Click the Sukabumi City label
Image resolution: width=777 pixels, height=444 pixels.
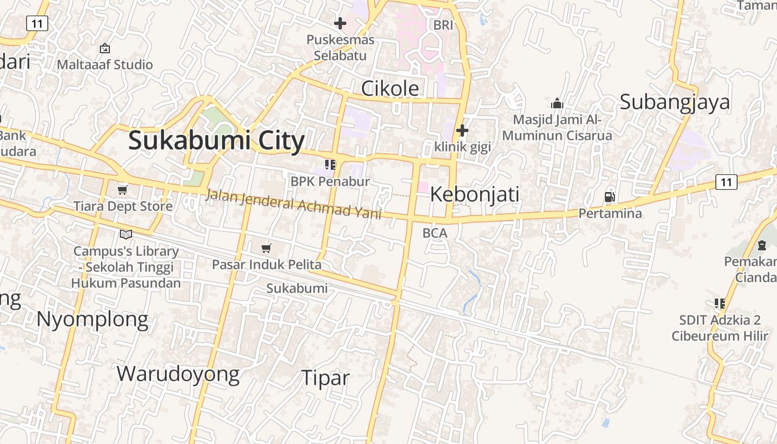click(x=216, y=140)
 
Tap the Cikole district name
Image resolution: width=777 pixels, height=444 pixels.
click(x=390, y=88)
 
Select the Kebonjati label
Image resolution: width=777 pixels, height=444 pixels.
click(x=475, y=194)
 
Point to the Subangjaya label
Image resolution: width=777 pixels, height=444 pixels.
click(x=674, y=102)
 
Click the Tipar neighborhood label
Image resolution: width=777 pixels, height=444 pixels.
click(x=325, y=378)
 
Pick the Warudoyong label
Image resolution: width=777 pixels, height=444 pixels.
click(x=178, y=374)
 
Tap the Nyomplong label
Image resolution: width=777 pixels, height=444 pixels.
click(x=93, y=320)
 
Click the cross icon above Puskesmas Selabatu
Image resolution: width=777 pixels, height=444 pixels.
click(x=340, y=23)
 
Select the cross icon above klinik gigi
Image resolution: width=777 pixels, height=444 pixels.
click(x=462, y=130)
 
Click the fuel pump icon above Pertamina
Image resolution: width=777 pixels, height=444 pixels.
click(x=609, y=197)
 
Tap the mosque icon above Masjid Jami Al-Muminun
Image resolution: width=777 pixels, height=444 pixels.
click(x=557, y=103)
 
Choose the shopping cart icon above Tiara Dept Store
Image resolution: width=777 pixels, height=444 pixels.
click(x=122, y=190)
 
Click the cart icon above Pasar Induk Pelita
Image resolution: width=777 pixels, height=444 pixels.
click(x=266, y=248)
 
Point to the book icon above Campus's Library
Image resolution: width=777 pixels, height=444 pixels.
click(x=126, y=235)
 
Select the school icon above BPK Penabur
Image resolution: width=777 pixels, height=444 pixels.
click(x=330, y=165)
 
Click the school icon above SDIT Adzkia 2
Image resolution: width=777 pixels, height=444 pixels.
click(x=720, y=304)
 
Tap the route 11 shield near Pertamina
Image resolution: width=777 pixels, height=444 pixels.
click(x=726, y=181)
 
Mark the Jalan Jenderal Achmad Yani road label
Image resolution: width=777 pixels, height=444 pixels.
click(x=294, y=204)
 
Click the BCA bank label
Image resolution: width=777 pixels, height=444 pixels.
click(x=435, y=233)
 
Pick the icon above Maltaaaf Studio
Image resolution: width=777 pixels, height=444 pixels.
click(x=105, y=49)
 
